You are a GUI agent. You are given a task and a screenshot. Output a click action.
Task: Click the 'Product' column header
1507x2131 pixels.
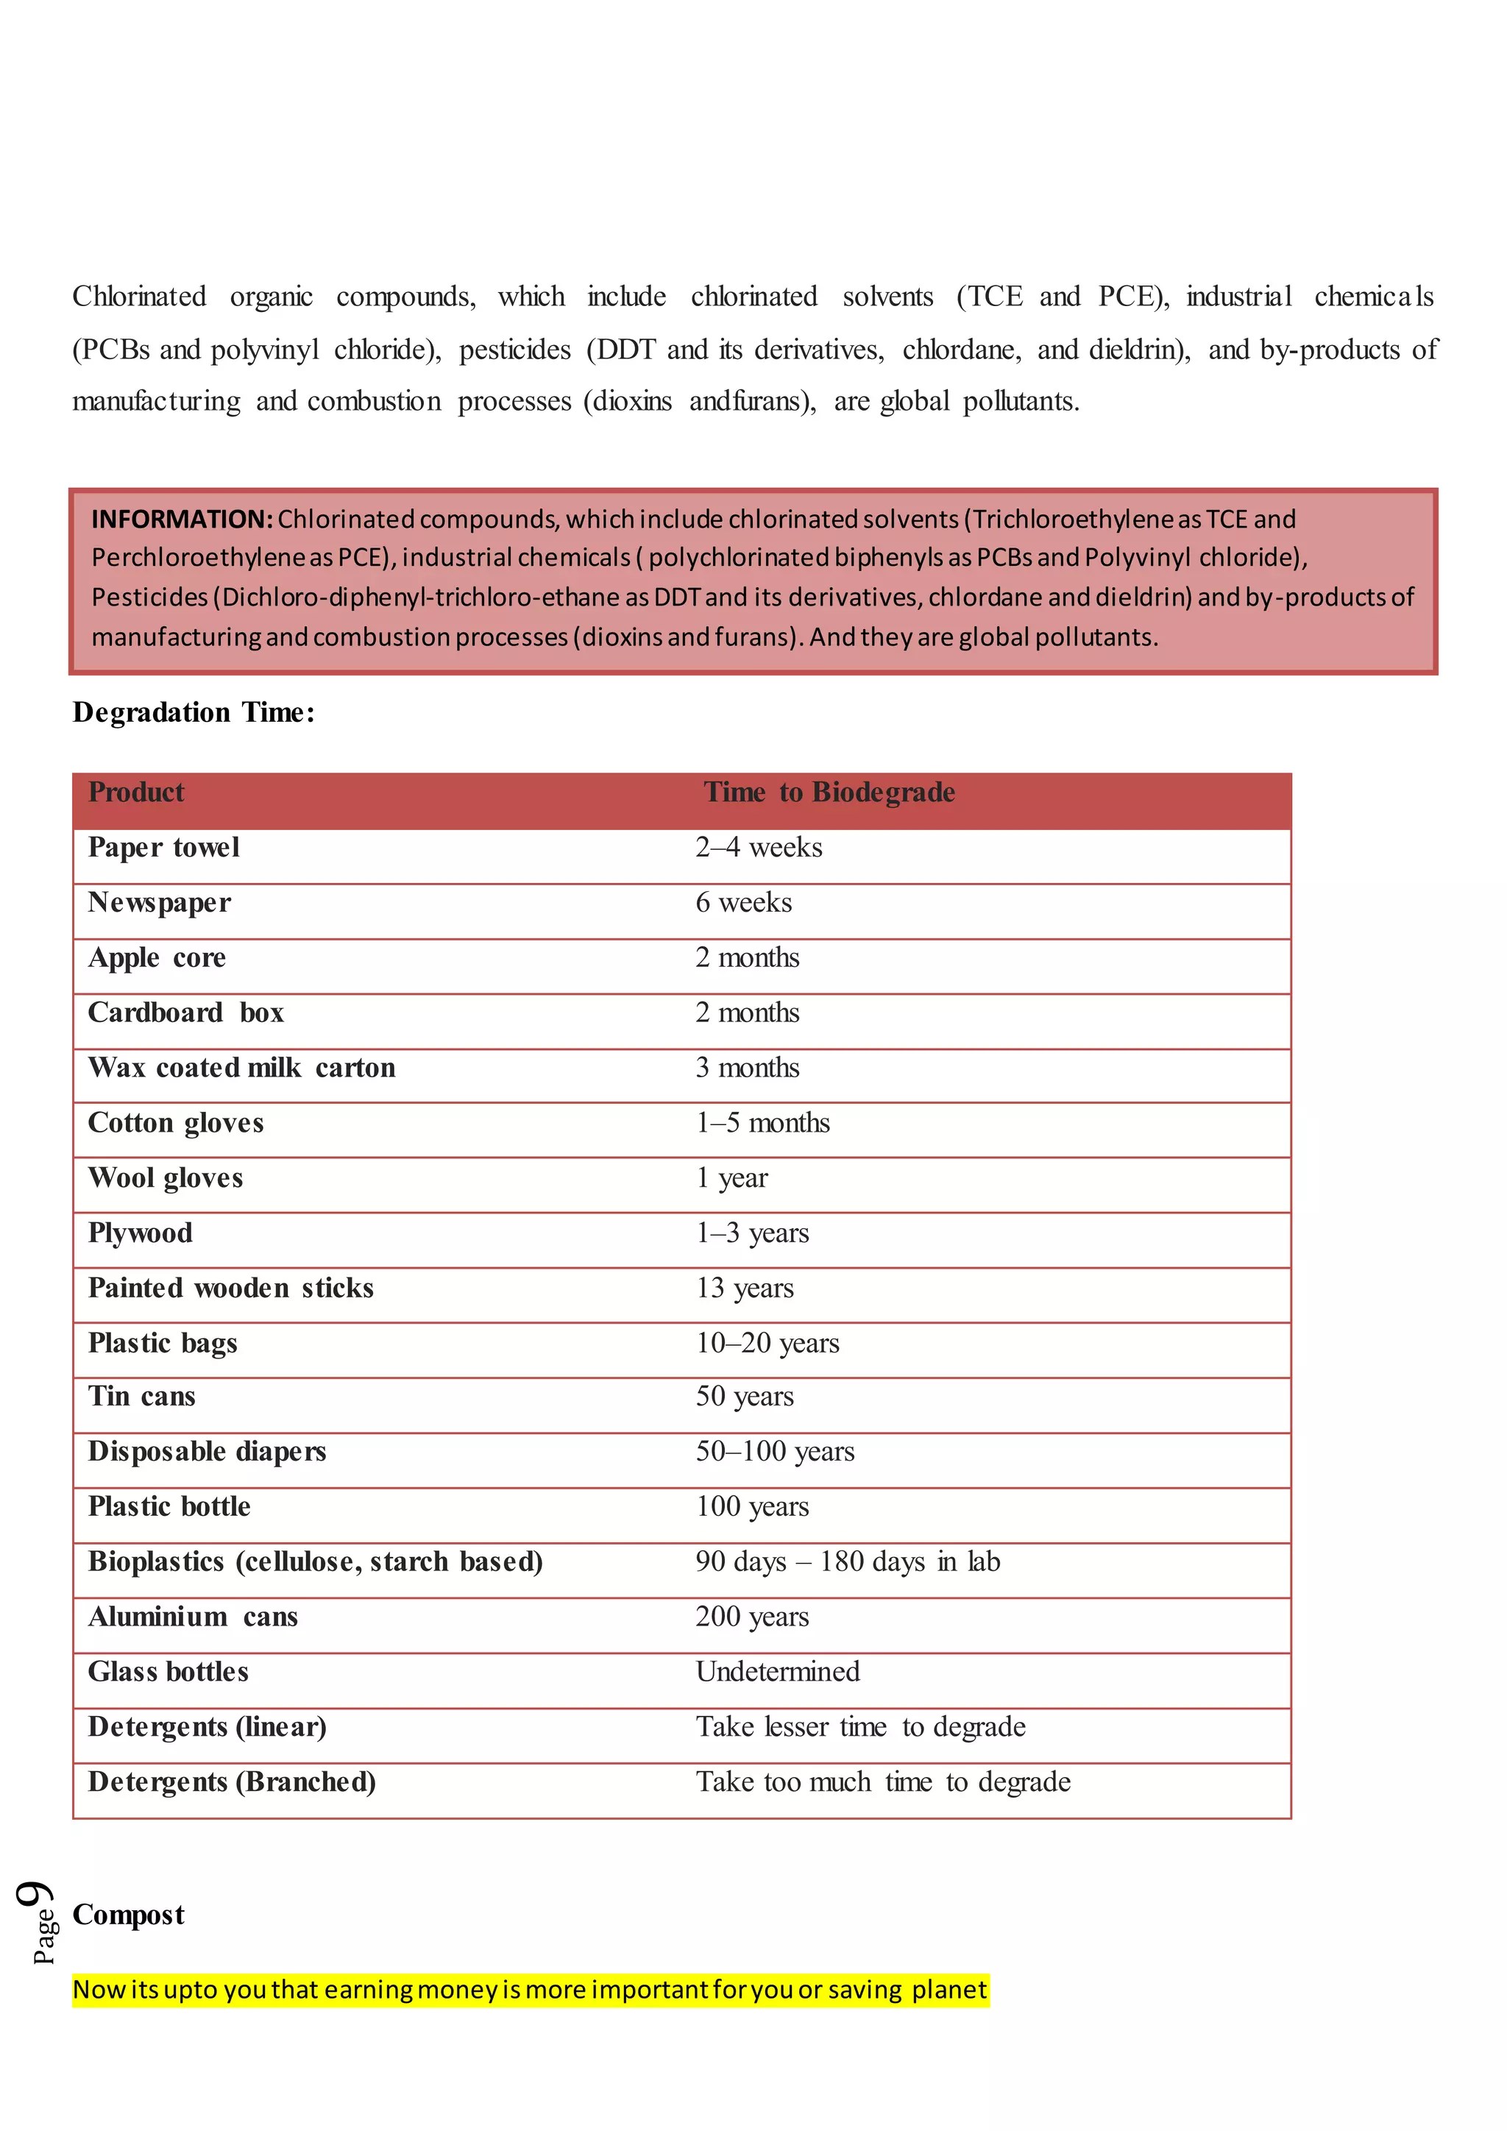tap(135, 792)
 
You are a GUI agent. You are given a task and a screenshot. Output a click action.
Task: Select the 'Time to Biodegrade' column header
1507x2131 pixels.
tap(829, 792)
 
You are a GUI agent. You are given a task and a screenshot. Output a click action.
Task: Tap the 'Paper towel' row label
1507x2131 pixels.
tap(163, 848)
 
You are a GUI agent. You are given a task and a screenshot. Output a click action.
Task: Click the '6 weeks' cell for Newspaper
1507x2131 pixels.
tap(743, 902)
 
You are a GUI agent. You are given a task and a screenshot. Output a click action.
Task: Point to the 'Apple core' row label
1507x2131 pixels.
tap(157, 958)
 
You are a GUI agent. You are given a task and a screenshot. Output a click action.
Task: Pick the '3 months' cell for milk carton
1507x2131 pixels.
tap(747, 1068)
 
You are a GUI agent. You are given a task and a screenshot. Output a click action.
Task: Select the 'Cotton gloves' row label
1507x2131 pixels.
tap(175, 1123)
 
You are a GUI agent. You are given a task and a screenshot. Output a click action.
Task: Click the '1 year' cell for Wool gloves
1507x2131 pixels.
tap(731, 1178)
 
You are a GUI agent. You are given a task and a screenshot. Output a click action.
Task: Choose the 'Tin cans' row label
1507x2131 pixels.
tap(141, 1396)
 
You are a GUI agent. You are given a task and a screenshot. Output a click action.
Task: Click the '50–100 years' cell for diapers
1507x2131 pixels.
tap(775, 1452)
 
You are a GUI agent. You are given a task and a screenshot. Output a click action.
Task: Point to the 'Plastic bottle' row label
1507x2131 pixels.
tap(169, 1506)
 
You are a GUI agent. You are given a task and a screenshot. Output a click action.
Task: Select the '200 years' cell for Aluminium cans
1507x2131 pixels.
tap(751, 1617)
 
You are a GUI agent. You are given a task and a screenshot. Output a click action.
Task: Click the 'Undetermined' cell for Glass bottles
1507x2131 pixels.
tap(778, 1672)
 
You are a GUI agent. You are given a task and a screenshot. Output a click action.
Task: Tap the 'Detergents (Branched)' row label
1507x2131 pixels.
tap(232, 1782)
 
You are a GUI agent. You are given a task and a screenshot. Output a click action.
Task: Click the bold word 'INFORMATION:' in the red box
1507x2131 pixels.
tap(182, 519)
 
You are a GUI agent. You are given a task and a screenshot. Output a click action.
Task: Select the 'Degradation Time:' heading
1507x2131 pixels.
tap(193, 713)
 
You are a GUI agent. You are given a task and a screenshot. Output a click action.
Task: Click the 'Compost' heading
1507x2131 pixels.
tap(128, 1915)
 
